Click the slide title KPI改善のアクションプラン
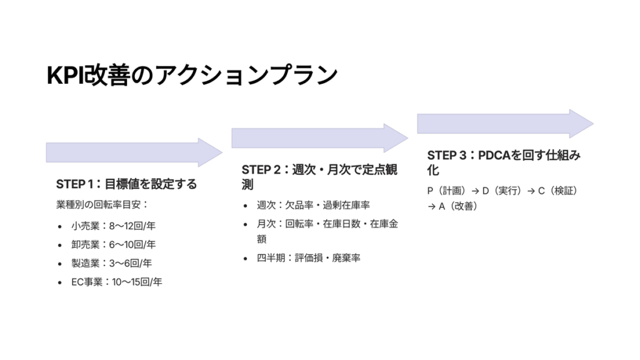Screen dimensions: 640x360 pyautogui.click(x=192, y=76)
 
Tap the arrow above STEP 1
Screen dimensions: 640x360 pyautogui.click(x=134, y=152)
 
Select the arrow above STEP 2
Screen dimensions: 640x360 pyautogui.click(x=319, y=138)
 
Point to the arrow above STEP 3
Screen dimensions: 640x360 pyautogui.click(x=505, y=123)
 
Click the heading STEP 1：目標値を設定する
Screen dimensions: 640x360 pyautogui.click(x=126, y=184)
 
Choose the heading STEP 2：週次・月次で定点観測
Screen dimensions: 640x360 pyautogui.click(x=319, y=177)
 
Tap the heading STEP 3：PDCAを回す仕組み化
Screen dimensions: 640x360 pyautogui.click(x=504, y=162)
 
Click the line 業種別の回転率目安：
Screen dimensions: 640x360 pyautogui.click(x=102, y=204)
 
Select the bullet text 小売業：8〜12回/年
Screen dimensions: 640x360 pyautogui.click(x=114, y=226)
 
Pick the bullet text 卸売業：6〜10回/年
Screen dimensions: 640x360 pyautogui.click(x=114, y=244)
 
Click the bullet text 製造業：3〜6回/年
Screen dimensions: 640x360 pyautogui.click(x=111, y=263)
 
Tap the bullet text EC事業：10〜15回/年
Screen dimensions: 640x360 pyautogui.click(x=117, y=282)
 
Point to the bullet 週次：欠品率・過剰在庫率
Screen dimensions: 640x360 pyautogui.click(x=313, y=205)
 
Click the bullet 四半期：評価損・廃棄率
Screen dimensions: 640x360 pyautogui.click(x=309, y=258)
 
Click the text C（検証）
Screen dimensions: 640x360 pyautogui.click(x=558, y=191)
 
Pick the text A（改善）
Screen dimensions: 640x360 pyautogui.click(x=458, y=206)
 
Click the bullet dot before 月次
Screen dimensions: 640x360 pyautogui.click(x=245, y=224)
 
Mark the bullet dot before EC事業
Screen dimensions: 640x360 pyautogui.click(x=60, y=282)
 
